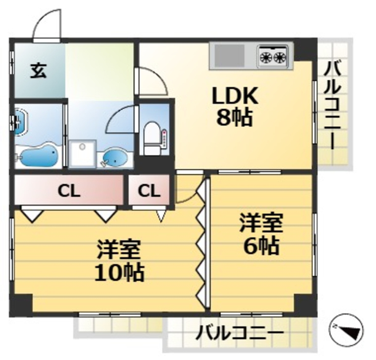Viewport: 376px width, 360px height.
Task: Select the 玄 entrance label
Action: click(x=38, y=72)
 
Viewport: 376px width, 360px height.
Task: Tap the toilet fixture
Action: click(x=152, y=134)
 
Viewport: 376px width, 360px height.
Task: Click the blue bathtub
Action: click(x=38, y=156)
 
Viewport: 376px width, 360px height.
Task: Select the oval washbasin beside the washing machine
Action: click(x=114, y=157)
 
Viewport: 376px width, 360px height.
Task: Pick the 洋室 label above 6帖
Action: click(x=261, y=224)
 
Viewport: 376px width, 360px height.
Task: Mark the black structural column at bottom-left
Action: click(x=22, y=304)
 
